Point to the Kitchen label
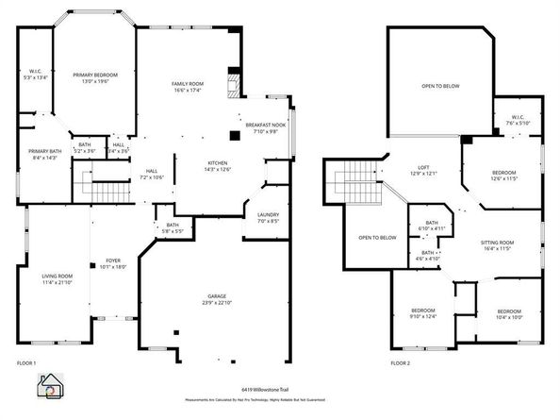tap(218, 166)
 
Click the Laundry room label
tap(268, 218)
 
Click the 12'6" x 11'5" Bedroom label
tap(503, 176)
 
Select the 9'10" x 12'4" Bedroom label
tap(423, 314)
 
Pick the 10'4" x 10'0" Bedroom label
tap(509, 314)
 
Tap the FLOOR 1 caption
tap(26, 362)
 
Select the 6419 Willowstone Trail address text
tap(280, 389)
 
